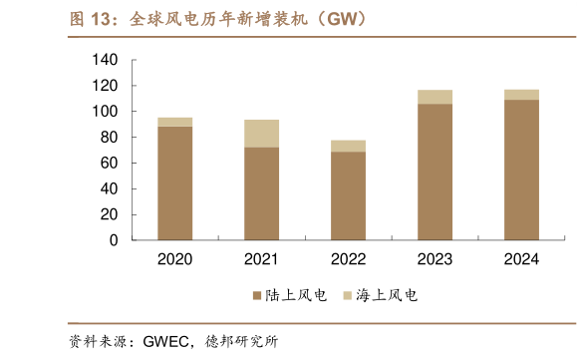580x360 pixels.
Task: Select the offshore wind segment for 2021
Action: (x=261, y=134)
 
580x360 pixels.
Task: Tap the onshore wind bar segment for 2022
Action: (x=348, y=195)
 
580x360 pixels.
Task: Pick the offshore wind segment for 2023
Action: (x=435, y=97)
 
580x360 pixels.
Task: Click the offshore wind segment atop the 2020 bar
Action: (x=175, y=122)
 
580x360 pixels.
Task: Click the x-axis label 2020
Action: (x=175, y=259)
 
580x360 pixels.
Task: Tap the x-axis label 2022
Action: (x=348, y=259)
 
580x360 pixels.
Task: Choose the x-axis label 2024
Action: (x=521, y=259)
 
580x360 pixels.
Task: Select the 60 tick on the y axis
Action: (x=110, y=163)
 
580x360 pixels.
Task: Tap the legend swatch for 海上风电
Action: (x=348, y=296)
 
